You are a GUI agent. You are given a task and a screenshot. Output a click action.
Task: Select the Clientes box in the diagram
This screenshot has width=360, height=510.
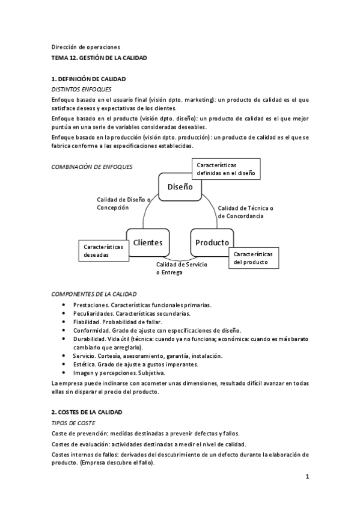[148, 242]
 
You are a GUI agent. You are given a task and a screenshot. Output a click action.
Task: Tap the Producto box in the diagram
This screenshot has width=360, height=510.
[212, 242]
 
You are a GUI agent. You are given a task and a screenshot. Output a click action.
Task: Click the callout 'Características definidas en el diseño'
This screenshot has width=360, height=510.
[225, 169]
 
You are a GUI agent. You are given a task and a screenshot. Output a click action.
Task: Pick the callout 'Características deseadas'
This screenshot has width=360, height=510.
[103, 251]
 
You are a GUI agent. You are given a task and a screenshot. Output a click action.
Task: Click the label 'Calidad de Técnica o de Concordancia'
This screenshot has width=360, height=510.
[245, 212]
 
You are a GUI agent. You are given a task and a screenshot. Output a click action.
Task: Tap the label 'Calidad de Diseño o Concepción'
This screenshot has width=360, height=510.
[124, 203]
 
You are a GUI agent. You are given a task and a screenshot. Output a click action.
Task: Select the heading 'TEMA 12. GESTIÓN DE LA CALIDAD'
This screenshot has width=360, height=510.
[99, 58]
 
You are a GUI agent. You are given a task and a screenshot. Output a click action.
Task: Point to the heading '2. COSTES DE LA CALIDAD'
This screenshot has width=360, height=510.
[87, 412]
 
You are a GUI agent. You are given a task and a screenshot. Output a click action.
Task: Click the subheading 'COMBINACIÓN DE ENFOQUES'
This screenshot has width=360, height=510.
[92, 167]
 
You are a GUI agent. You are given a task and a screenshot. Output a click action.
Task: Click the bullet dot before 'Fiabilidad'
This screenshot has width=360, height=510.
[64, 322]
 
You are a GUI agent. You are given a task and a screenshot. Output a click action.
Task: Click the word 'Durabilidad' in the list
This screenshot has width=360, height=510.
[90, 339]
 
